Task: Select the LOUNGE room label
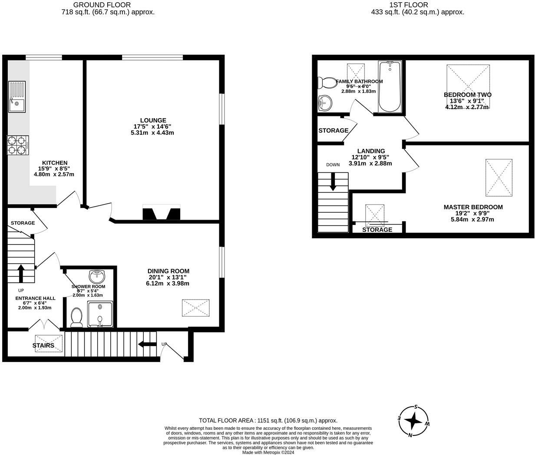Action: point(153,120)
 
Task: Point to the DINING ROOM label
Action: point(168,271)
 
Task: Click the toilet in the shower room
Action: point(76,317)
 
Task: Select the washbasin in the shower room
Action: point(96,276)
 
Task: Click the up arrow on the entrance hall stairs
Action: point(20,274)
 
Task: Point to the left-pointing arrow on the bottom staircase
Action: point(147,345)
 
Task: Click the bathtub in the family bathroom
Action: point(390,87)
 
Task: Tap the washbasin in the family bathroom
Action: point(324,103)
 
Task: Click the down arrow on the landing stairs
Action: point(333,181)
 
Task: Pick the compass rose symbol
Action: point(415,421)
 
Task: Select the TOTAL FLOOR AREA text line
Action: point(268,420)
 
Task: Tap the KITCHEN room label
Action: point(54,163)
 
